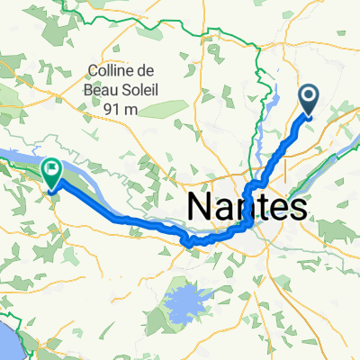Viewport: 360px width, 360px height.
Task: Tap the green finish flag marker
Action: click(51, 171)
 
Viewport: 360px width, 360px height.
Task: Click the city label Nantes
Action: click(246, 206)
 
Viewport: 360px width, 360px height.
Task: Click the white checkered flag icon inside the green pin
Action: click(51, 167)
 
